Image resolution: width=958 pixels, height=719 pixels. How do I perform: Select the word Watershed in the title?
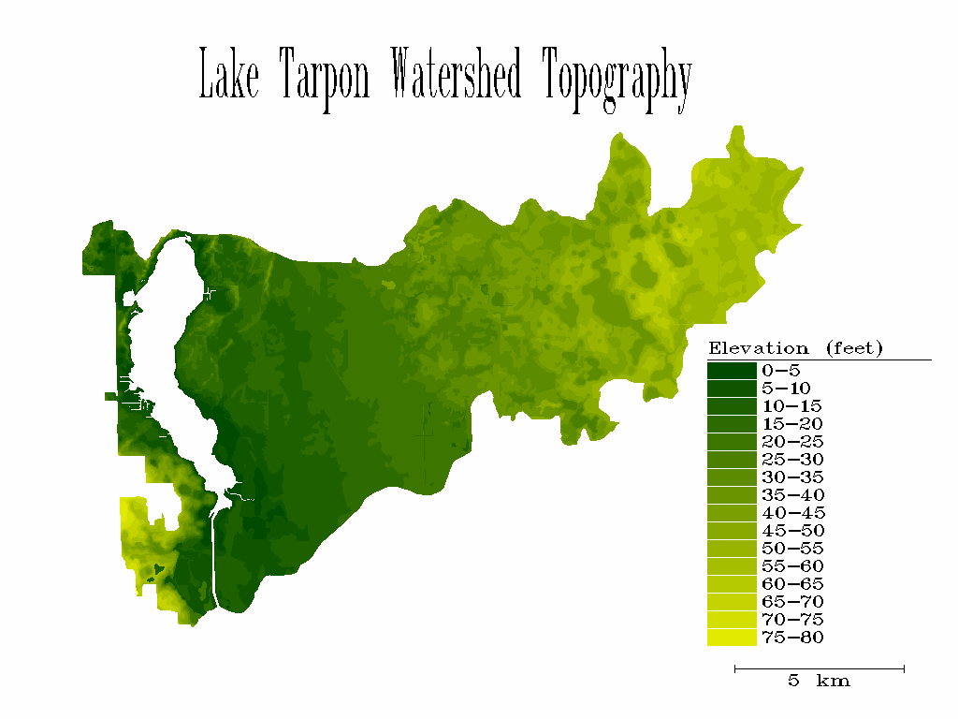[x=455, y=76]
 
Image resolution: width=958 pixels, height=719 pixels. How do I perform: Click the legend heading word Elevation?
[x=759, y=348]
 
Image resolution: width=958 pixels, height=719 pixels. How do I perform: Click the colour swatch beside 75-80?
[x=732, y=638]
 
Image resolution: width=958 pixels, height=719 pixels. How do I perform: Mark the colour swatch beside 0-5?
[x=732, y=371]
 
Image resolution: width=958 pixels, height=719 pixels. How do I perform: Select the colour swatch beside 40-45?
[x=732, y=513]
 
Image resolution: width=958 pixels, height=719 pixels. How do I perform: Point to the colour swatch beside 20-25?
[x=732, y=442]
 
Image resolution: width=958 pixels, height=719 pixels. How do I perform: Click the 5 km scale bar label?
[x=819, y=682]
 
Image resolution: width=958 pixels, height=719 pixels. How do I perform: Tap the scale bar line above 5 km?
[x=820, y=668]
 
